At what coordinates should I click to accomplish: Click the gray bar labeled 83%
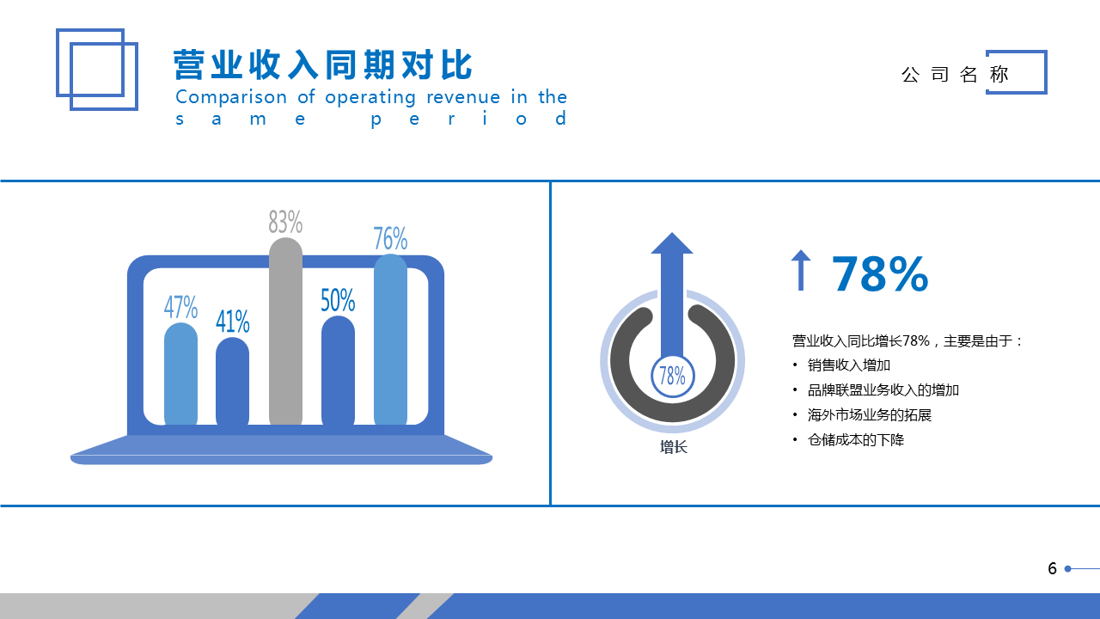[285, 331]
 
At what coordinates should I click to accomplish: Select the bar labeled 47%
[180, 374]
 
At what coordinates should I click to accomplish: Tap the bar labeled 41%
[232, 381]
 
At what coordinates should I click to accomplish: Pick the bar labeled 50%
[338, 371]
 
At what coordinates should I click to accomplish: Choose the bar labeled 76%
[390, 340]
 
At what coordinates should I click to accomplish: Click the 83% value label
[285, 222]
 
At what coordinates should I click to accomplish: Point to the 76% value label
[390, 238]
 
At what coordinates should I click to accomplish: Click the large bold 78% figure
[879, 273]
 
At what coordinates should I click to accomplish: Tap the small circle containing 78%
[672, 376]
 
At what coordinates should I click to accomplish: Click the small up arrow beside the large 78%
[801, 270]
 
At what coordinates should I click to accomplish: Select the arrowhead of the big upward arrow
[672, 243]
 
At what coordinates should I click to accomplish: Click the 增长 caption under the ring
[673, 447]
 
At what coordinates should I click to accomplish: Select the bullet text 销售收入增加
[848, 365]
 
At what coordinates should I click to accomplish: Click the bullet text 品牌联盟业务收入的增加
[883, 390]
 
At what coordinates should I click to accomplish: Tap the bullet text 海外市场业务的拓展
[869, 415]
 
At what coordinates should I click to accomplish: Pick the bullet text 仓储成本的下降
[855, 439]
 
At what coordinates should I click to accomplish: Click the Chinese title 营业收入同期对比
[322, 64]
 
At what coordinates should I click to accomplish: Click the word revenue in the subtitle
[463, 97]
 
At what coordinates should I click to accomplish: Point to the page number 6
[1052, 568]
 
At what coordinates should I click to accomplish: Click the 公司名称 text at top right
[955, 75]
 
